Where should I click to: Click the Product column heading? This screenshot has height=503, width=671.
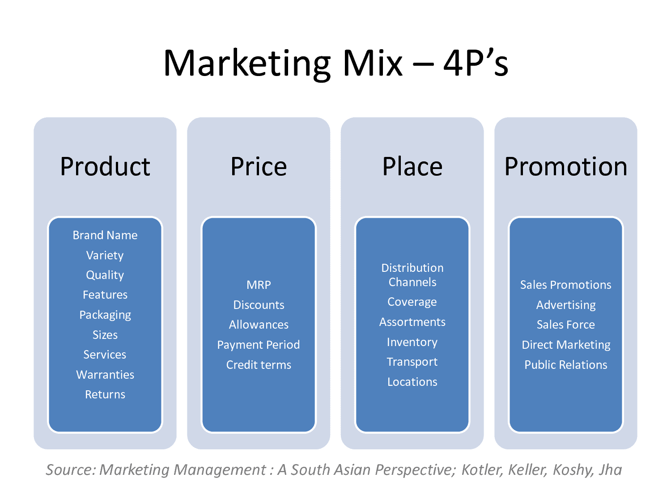click(105, 167)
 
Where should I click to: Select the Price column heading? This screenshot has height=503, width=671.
click(259, 167)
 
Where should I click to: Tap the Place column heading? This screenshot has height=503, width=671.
click(412, 167)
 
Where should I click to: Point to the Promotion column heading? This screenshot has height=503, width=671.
click(566, 167)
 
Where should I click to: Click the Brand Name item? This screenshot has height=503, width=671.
click(105, 235)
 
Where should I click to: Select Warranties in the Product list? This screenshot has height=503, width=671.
click(105, 375)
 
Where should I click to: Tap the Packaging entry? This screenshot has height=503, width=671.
click(105, 315)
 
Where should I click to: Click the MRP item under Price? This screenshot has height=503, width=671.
click(259, 285)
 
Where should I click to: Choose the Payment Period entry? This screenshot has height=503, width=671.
click(259, 345)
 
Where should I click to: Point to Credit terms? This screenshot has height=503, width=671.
click(259, 365)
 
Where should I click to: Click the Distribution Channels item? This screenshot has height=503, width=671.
click(412, 275)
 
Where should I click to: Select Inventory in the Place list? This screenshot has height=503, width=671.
click(412, 342)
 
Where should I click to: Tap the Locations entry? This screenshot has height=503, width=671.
click(412, 382)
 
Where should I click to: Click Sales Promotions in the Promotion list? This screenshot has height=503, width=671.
click(566, 285)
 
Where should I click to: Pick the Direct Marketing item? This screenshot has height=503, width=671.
click(566, 345)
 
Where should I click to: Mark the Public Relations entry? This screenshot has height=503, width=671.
click(566, 365)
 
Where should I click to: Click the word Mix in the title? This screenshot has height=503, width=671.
click(372, 63)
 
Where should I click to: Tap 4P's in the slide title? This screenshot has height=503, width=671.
click(476, 63)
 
